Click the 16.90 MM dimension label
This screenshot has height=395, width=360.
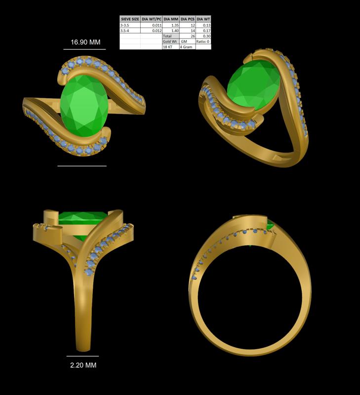tap(85, 42)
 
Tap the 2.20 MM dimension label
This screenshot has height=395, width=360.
tap(83, 365)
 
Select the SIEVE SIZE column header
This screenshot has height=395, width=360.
tap(130, 19)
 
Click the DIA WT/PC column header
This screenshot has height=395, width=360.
tap(151, 19)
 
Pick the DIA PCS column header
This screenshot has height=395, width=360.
tap(188, 19)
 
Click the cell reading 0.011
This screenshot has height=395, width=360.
tap(155, 25)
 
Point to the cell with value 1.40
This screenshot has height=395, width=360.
tap(173, 31)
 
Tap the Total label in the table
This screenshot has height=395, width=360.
tap(167, 36)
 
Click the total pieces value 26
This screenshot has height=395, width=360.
tap(192, 36)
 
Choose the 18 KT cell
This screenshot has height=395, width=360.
tap(167, 47)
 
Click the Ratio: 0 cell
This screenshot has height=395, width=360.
tap(203, 41)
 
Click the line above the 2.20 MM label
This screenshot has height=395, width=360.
tap(82, 356)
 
